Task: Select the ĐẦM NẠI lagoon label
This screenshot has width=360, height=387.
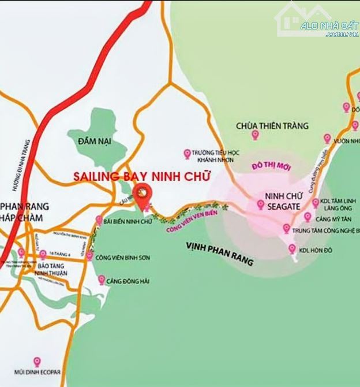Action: (x=96, y=140)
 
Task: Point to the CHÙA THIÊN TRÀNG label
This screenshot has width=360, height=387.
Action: (x=272, y=125)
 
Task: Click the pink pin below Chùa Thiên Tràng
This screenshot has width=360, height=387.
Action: (x=255, y=135)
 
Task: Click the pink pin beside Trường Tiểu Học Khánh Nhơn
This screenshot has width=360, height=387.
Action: (x=187, y=154)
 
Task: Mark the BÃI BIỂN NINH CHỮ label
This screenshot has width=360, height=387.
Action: (x=126, y=220)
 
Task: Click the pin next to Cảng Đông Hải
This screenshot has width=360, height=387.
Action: (x=102, y=280)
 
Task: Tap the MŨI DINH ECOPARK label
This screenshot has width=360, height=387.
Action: (x=38, y=373)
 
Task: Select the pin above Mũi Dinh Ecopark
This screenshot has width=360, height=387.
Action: (x=37, y=362)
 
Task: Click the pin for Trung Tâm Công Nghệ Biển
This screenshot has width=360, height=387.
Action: (x=287, y=229)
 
